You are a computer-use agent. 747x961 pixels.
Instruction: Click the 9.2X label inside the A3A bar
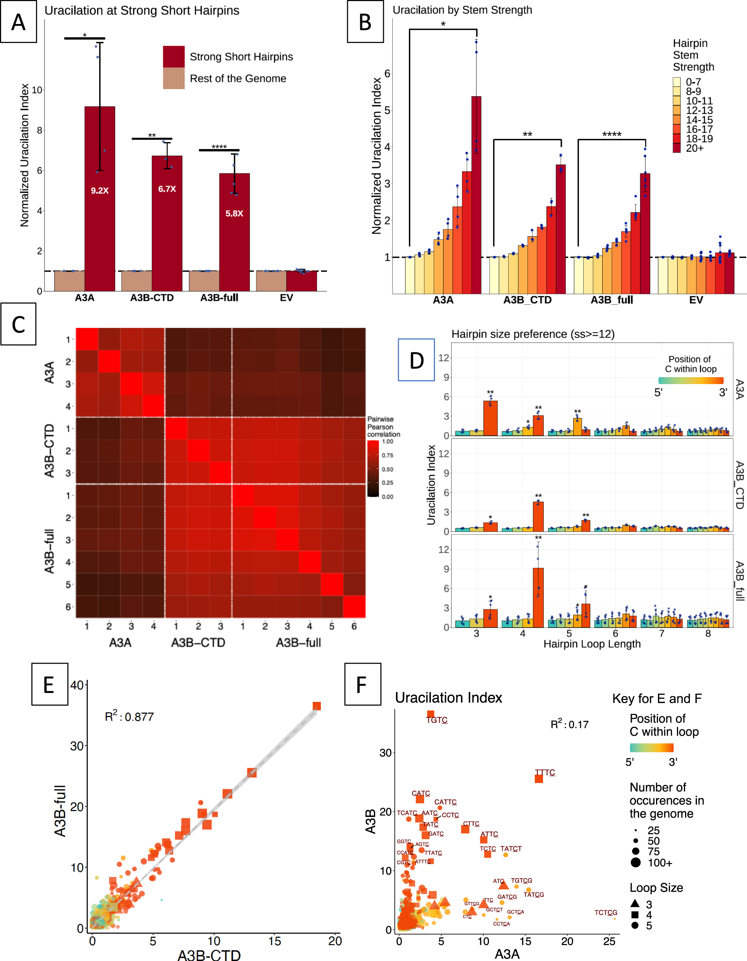coord(99,190)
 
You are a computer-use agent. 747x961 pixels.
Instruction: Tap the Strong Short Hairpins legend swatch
coord(174,57)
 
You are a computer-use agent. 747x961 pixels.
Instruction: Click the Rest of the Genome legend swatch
coord(174,78)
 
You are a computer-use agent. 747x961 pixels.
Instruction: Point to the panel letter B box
coord(365,22)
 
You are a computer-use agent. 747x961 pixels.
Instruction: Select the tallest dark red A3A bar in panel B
coord(476,194)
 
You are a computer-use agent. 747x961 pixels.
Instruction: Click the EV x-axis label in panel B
coord(696,300)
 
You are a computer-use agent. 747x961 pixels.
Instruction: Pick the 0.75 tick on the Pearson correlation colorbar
coord(387,455)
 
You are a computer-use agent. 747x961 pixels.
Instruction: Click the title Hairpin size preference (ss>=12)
coord(533,334)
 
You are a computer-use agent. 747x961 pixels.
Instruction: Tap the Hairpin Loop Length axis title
coord(592,644)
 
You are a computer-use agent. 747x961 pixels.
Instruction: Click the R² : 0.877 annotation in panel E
coord(129,716)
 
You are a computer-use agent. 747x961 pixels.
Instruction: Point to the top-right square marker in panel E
coord(316,706)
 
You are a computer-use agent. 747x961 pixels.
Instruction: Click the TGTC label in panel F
coord(437,720)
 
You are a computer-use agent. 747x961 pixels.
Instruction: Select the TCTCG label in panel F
coord(605,913)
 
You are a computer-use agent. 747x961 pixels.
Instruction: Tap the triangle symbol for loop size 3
coord(635,903)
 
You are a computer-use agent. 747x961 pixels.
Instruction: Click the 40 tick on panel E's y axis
coord(77,685)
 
